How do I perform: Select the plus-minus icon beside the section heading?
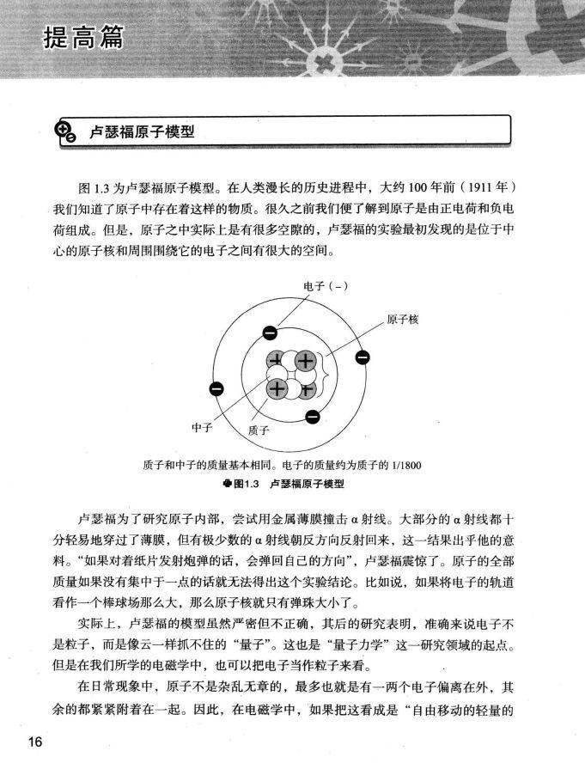tap(65, 131)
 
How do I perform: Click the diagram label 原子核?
tap(402, 320)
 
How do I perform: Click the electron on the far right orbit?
tap(363, 357)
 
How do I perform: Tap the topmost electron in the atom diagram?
tap(270, 333)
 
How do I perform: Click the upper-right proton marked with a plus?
tap(305, 362)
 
